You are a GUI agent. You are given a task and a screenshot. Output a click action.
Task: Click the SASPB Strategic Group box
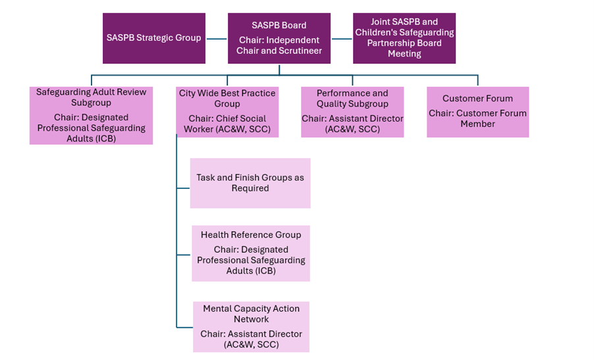[x=153, y=38]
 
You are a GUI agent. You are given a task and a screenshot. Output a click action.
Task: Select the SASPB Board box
[x=279, y=38]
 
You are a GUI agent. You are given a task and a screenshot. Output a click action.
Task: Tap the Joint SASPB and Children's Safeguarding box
[x=404, y=38]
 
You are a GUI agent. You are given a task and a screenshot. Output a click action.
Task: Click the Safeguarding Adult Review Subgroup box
[x=91, y=115]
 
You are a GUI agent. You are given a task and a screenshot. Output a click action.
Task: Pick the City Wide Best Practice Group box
[x=227, y=112]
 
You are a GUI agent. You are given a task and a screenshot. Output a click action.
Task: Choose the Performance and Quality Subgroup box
[x=352, y=112]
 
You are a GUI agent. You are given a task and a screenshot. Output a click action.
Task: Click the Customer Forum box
[x=477, y=112]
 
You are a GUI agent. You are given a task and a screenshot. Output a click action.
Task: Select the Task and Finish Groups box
[x=250, y=183]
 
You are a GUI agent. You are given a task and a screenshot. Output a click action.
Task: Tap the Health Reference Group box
[x=251, y=253]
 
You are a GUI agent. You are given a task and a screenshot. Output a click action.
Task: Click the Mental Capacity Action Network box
[x=251, y=326]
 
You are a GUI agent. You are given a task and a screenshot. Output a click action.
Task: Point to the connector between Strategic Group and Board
[x=217, y=39]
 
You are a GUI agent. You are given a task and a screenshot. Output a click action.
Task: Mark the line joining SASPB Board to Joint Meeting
[x=342, y=39]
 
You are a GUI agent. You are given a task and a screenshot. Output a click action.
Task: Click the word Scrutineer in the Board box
[x=300, y=51]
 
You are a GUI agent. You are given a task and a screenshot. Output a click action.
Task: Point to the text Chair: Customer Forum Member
[x=477, y=118]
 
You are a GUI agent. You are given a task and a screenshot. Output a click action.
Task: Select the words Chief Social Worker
[x=227, y=124]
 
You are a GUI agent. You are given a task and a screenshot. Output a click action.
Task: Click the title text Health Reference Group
[x=251, y=235]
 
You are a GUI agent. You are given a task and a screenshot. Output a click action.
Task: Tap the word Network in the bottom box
[x=251, y=319]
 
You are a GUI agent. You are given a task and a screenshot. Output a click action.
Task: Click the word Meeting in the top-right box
[x=404, y=54]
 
